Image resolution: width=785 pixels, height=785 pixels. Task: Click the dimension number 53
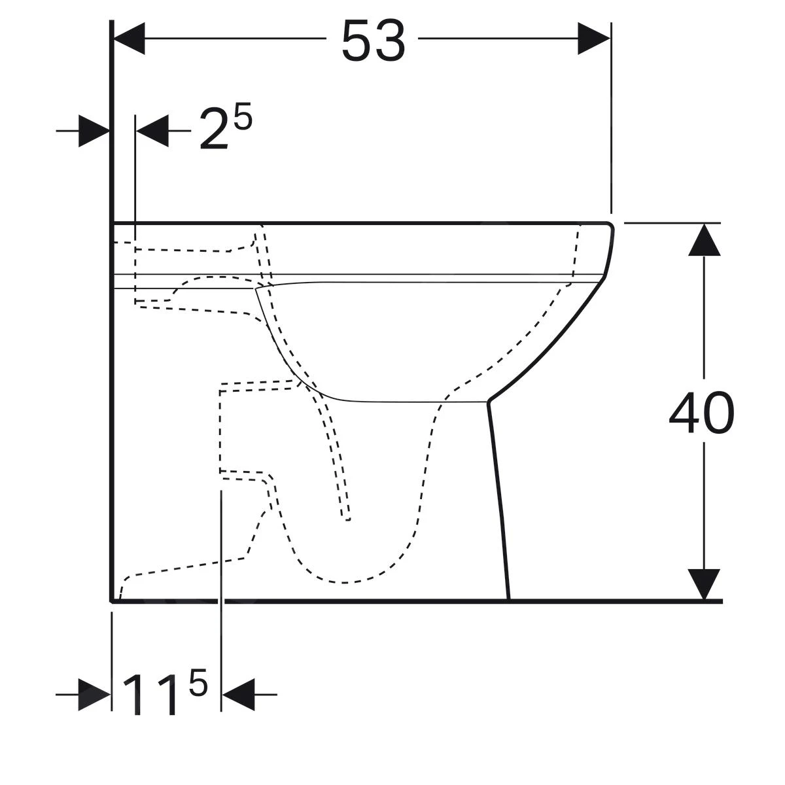click(x=374, y=41)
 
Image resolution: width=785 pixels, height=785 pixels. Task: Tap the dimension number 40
click(x=702, y=415)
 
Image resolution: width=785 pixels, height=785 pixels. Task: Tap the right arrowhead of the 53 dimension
click(x=594, y=39)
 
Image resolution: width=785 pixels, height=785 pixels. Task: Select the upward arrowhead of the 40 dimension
click(x=704, y=239)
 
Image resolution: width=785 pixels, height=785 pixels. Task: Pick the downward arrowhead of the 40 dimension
click(x=704, y=584)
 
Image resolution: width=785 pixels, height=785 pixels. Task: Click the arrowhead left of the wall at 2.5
click(x=94, y=131)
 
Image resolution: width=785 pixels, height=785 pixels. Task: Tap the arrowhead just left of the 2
click(x=153, y=131)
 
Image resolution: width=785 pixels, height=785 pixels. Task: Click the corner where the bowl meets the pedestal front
click(x=489, y=400)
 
